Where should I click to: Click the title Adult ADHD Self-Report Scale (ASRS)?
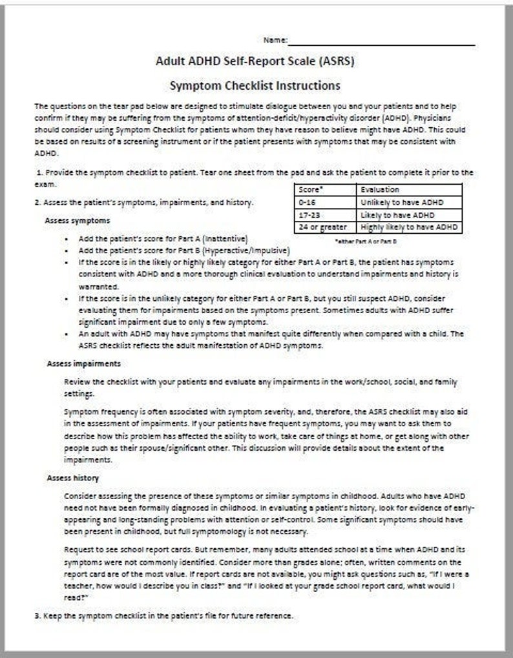pyautogui.click(x=255, y=62)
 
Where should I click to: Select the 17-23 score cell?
pyautogui.click(x=308, y=214)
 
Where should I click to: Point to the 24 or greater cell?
pyautogui.click(x=322, y=227)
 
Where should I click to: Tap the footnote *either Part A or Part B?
pyautogui.click(x=366, y=240)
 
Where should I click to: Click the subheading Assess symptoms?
pyautogui.click(x=78, y=220)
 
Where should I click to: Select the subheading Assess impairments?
pyautogui.click(x=83, y=364)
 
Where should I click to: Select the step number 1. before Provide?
pyautogui.click(x=40, y=172)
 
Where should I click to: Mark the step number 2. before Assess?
pyautogui.click(x=37, y=202)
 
